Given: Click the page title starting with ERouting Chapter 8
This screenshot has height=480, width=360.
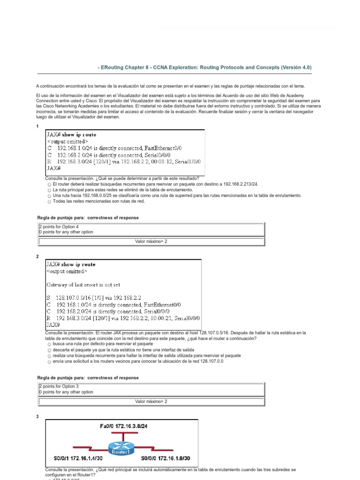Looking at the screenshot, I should pyautogui.click(x=204, y=67).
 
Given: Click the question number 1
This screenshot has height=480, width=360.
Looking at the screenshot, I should pyautogui.click(x=37, y=127).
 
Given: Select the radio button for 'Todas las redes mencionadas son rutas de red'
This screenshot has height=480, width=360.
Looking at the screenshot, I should pyautogui.click(x=49, y=202).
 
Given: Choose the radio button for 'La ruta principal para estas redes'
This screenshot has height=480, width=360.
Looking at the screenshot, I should pyautogui.click(x=49, y=191).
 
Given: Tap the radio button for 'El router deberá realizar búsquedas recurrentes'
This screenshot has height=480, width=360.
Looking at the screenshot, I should pyautogui.click(x=49, y=185).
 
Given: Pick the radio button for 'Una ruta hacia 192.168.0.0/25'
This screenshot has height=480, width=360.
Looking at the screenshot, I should pyautogui.click(x=49, y=196).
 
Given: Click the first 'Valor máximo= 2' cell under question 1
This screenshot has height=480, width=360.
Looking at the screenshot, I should pyautogui.click(x=151, y=241).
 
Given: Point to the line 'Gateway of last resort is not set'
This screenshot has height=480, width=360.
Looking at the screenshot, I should pyautogui.click(x=83, y=285).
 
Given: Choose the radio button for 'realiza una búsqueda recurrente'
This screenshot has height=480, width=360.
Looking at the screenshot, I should pyautogui.click(x=49, y=356).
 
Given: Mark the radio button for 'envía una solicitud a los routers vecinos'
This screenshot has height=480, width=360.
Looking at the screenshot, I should pyautogui.click(x=49, y=362).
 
